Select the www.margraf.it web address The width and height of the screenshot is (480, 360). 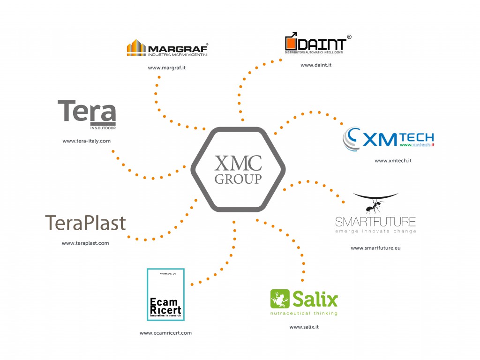point(167,68)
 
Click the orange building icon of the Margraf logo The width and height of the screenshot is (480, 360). point(136,48)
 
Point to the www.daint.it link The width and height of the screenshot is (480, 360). point(316,65)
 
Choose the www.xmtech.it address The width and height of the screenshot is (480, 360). point(393,161)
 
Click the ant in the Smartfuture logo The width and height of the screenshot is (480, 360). point(375,205)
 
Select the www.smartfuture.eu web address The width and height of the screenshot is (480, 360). point(375,248)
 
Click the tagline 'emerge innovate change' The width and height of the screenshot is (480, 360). point(375,231)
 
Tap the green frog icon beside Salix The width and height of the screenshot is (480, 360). point(280,299)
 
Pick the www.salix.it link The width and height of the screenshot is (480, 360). point(304,327)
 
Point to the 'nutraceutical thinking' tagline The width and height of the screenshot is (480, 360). point(304,313)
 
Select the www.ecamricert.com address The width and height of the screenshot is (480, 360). point(165,333)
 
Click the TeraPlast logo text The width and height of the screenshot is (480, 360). point(85,223)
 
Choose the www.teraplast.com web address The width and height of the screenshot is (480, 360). point(85,243)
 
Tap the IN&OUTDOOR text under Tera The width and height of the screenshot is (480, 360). point(103,127)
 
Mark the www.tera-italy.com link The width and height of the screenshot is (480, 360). point(86,141)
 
